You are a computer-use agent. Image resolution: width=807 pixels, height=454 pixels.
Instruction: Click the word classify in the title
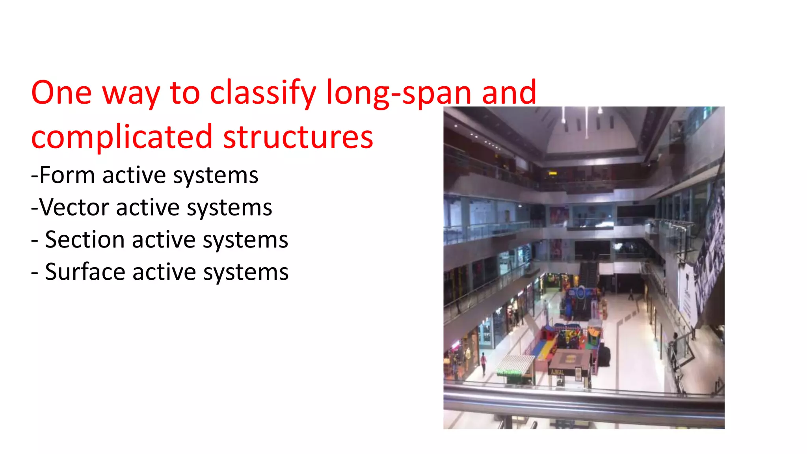263,93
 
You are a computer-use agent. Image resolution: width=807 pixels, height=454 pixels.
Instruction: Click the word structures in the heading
298,137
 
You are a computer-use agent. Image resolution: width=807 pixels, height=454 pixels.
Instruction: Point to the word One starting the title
61,93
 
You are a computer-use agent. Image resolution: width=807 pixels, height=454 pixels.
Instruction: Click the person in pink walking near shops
483,363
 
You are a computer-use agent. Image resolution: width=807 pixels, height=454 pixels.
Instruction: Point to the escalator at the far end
588,274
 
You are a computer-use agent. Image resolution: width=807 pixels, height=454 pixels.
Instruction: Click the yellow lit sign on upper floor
552,173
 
